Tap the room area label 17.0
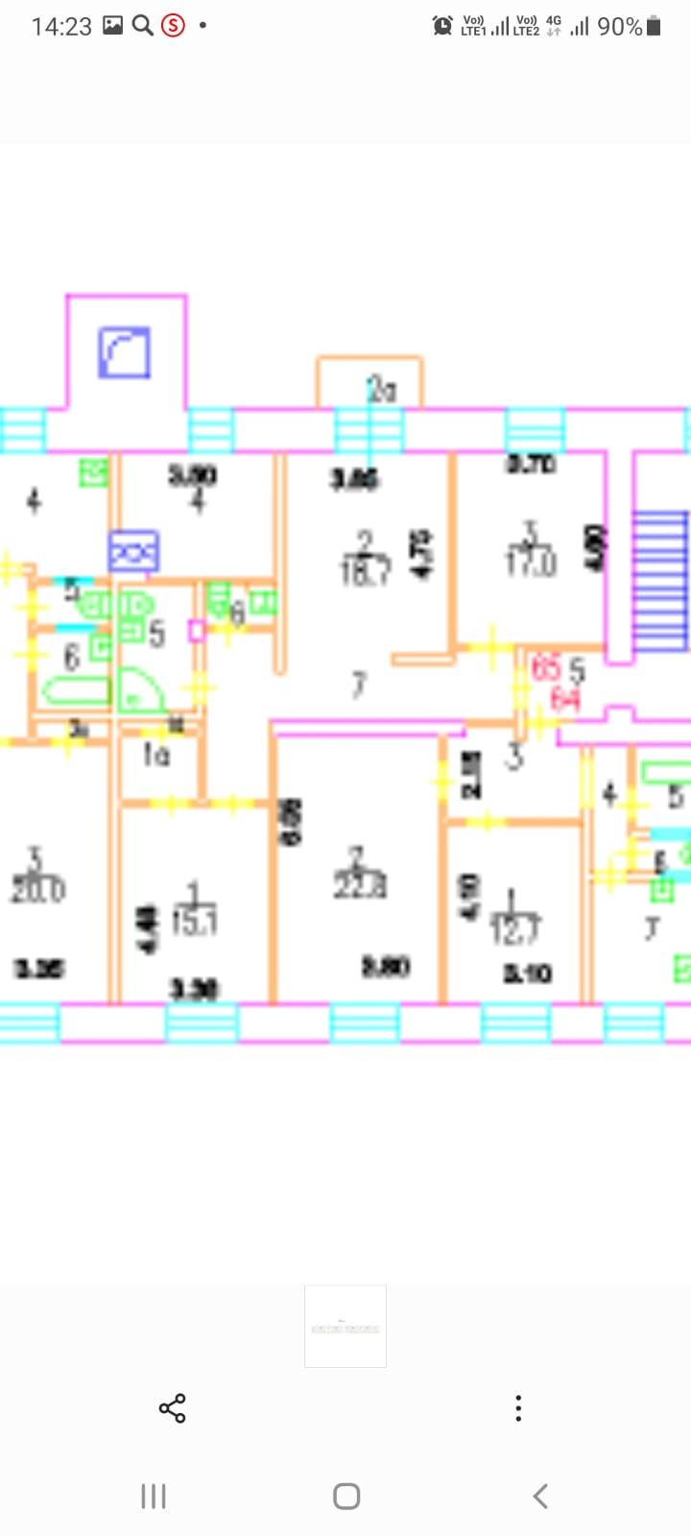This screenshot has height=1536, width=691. point(531,563)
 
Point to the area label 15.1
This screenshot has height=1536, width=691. point(195,923)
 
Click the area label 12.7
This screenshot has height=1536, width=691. point(514,929)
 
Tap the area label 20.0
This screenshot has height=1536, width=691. point(37,890)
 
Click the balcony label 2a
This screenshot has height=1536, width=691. point(381,390)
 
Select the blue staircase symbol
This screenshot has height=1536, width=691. point(660,580)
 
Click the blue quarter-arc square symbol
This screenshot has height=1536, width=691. point(125,352)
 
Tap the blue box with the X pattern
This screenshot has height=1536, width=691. point(133,552)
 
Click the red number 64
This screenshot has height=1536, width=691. point(565,700)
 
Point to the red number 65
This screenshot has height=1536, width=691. point(546,667)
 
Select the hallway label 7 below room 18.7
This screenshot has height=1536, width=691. point(359,684)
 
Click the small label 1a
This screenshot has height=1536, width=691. point(155,756)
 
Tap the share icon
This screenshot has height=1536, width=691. point(173,1408)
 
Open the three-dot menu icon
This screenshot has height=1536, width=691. point(518,1408)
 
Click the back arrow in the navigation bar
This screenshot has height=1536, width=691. point(540,1496)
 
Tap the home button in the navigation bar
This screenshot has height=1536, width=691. point(345,1496)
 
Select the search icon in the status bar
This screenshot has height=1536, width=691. point(142,26)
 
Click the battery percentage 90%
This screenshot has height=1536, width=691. point(619,27)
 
